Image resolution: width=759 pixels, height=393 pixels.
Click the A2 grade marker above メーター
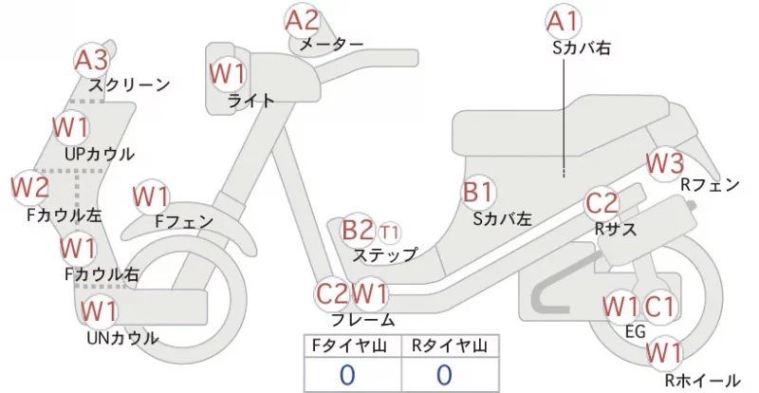click(x=303, y=21)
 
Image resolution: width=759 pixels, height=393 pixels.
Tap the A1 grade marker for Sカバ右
click(x=563, y=21)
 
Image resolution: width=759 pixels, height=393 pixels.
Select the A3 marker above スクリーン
click(x=91, y=61)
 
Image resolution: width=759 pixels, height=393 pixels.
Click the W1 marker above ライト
click(x=227, y=74)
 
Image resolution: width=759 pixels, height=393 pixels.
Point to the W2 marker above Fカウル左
click(x=30, y=188)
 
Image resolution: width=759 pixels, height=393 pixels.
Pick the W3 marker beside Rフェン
click(x=666, y=164)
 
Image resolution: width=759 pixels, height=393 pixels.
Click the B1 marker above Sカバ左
click(x=478, y=193)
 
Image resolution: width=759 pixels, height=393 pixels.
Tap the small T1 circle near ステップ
click(x=389, y=234)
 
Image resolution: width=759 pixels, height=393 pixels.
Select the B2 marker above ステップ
click(x=359, y=230)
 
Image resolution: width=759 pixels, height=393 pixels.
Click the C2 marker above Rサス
click(x=602, y=203)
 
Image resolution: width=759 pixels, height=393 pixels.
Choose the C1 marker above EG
click(x=658, y=307)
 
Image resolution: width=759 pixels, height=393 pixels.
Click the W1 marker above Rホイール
click(x=664, y=353)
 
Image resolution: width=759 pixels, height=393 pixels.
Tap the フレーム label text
click(x=363, y=320)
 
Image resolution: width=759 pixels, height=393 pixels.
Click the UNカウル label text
click(x=122, y=338)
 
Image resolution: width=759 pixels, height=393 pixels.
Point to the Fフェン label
click(x=184, y=221)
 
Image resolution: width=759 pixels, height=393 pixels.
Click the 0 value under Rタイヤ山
click(x=444, y=375)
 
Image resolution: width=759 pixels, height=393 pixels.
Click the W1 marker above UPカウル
click(x=71, y=127)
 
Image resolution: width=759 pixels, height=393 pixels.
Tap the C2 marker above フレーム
click(x=332, y=293)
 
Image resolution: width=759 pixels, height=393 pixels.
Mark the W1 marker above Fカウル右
click(x=78, y=248)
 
